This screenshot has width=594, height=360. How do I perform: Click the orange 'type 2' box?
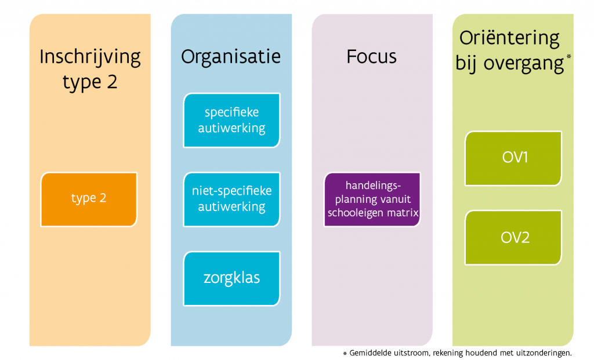point(89,199)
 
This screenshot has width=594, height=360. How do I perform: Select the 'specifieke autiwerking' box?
point(231,120)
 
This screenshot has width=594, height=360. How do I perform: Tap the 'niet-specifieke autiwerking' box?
point(231,199)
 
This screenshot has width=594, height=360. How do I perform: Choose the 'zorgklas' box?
point(231,278)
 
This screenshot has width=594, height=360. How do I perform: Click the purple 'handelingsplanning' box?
point(372,199)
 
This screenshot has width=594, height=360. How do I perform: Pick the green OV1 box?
point(514,158)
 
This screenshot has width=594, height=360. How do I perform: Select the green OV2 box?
point(514,238)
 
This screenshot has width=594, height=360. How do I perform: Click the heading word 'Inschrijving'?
point(90,57)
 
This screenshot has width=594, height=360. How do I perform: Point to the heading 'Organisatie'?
point(231,57)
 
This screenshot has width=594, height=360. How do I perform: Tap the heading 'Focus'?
point(372,57)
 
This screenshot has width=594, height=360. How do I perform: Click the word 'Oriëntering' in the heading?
point(509,39)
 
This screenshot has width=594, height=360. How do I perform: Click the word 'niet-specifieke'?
point(231,191)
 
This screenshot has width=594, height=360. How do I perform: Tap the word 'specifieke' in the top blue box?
point(231,112)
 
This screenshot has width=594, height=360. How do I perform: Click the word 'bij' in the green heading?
point(468,63)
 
